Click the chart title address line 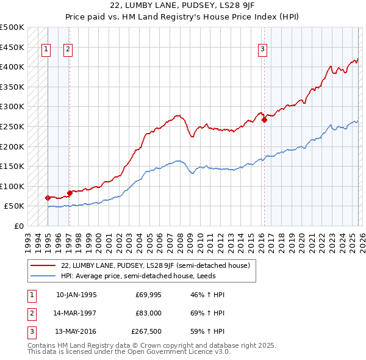182,7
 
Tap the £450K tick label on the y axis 12,47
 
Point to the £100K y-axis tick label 12,186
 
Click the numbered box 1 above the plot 46,50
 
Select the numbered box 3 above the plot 262,50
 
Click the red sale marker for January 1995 48,198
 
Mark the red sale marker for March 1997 70,193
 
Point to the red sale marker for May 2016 264,120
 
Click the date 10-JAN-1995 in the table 76,295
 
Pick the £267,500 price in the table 146,331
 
